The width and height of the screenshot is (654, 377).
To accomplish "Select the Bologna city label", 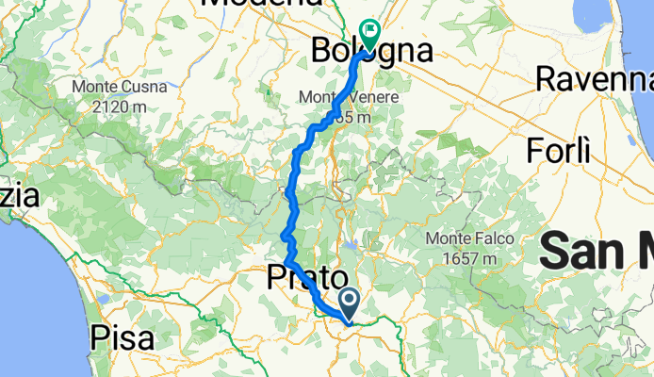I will [373, 50].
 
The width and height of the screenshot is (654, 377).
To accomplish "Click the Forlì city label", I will [559, 150].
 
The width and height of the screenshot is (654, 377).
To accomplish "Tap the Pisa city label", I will [123, 337].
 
